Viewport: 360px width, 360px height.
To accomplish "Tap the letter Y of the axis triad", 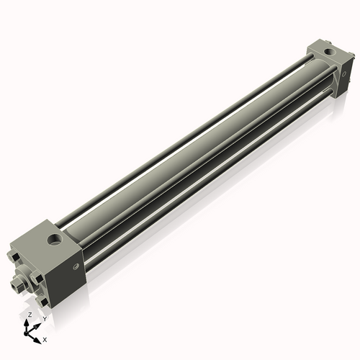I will [x=44, y=318].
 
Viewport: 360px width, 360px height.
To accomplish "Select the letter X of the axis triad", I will [x=45, y=338].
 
